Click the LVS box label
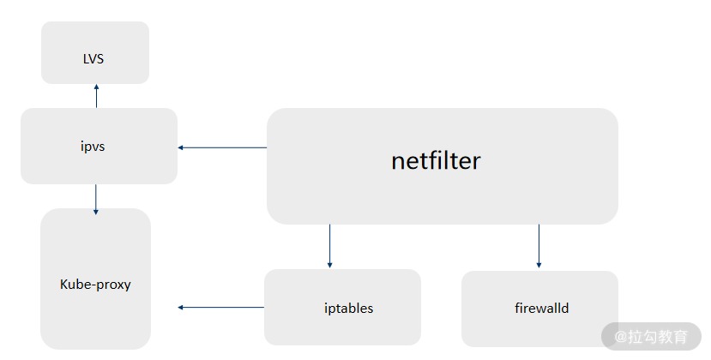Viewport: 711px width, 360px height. click(x=93, y=59)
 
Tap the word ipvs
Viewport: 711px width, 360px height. click(x=93, y=147)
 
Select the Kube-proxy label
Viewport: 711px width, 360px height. click(x=95, y=285)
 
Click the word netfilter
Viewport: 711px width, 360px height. click(x=436, y=160)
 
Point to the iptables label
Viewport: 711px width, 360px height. click(x=349, y=309)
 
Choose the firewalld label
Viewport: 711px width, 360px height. click(x=541, y=309)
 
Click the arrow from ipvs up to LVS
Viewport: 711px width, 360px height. click(x=96, y=96)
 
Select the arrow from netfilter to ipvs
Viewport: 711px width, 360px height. click(x=222, y=147)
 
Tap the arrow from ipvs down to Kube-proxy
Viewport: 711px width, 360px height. click(x=96, y=199)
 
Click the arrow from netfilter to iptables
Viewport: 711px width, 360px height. click(x=329, y=246)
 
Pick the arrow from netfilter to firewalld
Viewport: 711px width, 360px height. click(x=539, y=246)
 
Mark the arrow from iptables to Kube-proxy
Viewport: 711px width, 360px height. click(x=220, y=308)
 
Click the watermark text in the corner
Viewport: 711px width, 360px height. click(x=651, y=336)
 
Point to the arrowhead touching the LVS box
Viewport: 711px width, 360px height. click(x=96, y=87)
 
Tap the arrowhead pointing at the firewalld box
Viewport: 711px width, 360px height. click(x=539, y=265)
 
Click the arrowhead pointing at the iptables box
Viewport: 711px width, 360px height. click(x=329, y=265)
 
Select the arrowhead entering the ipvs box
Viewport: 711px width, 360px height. click(x=180, y=147)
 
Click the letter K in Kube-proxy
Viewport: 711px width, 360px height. click(x=64, y=285)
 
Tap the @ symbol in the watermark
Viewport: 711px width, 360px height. click(x=620, y=337)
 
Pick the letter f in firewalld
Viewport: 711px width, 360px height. click(x=518, y=308)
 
